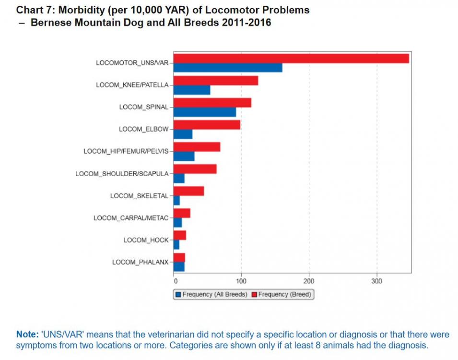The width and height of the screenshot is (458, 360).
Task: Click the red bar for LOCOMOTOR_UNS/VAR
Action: coord(291,59)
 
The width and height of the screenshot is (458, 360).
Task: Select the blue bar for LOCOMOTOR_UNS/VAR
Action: coord(227,68)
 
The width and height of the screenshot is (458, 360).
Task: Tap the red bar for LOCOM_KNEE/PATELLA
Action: coord(215,81)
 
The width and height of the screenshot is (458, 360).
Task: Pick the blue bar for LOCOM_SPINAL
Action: coord(204,112)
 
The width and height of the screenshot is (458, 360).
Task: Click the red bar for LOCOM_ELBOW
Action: coord(206,125)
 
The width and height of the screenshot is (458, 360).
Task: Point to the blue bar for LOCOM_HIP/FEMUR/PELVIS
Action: coord(184,156)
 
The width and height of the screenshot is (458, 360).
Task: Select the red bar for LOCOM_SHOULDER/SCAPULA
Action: coord(195,169)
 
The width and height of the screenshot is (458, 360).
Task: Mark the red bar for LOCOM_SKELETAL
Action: coord(188,191)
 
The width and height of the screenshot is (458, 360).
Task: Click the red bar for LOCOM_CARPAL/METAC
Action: coord(182,213)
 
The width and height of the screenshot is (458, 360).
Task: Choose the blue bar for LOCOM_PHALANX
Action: coord(179,266)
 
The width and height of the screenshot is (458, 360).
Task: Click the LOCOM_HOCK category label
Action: coord(146,240)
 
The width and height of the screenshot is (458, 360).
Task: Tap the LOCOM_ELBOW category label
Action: coord(143,129)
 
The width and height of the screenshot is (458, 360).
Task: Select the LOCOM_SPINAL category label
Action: coord(144,107)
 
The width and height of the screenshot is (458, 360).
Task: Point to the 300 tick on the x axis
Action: coord(377,281)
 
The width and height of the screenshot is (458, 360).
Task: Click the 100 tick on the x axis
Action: coord(241,281)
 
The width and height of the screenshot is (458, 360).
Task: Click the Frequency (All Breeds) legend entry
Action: coord(211,294)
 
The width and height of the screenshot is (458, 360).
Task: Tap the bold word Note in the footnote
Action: coord(26,335)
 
